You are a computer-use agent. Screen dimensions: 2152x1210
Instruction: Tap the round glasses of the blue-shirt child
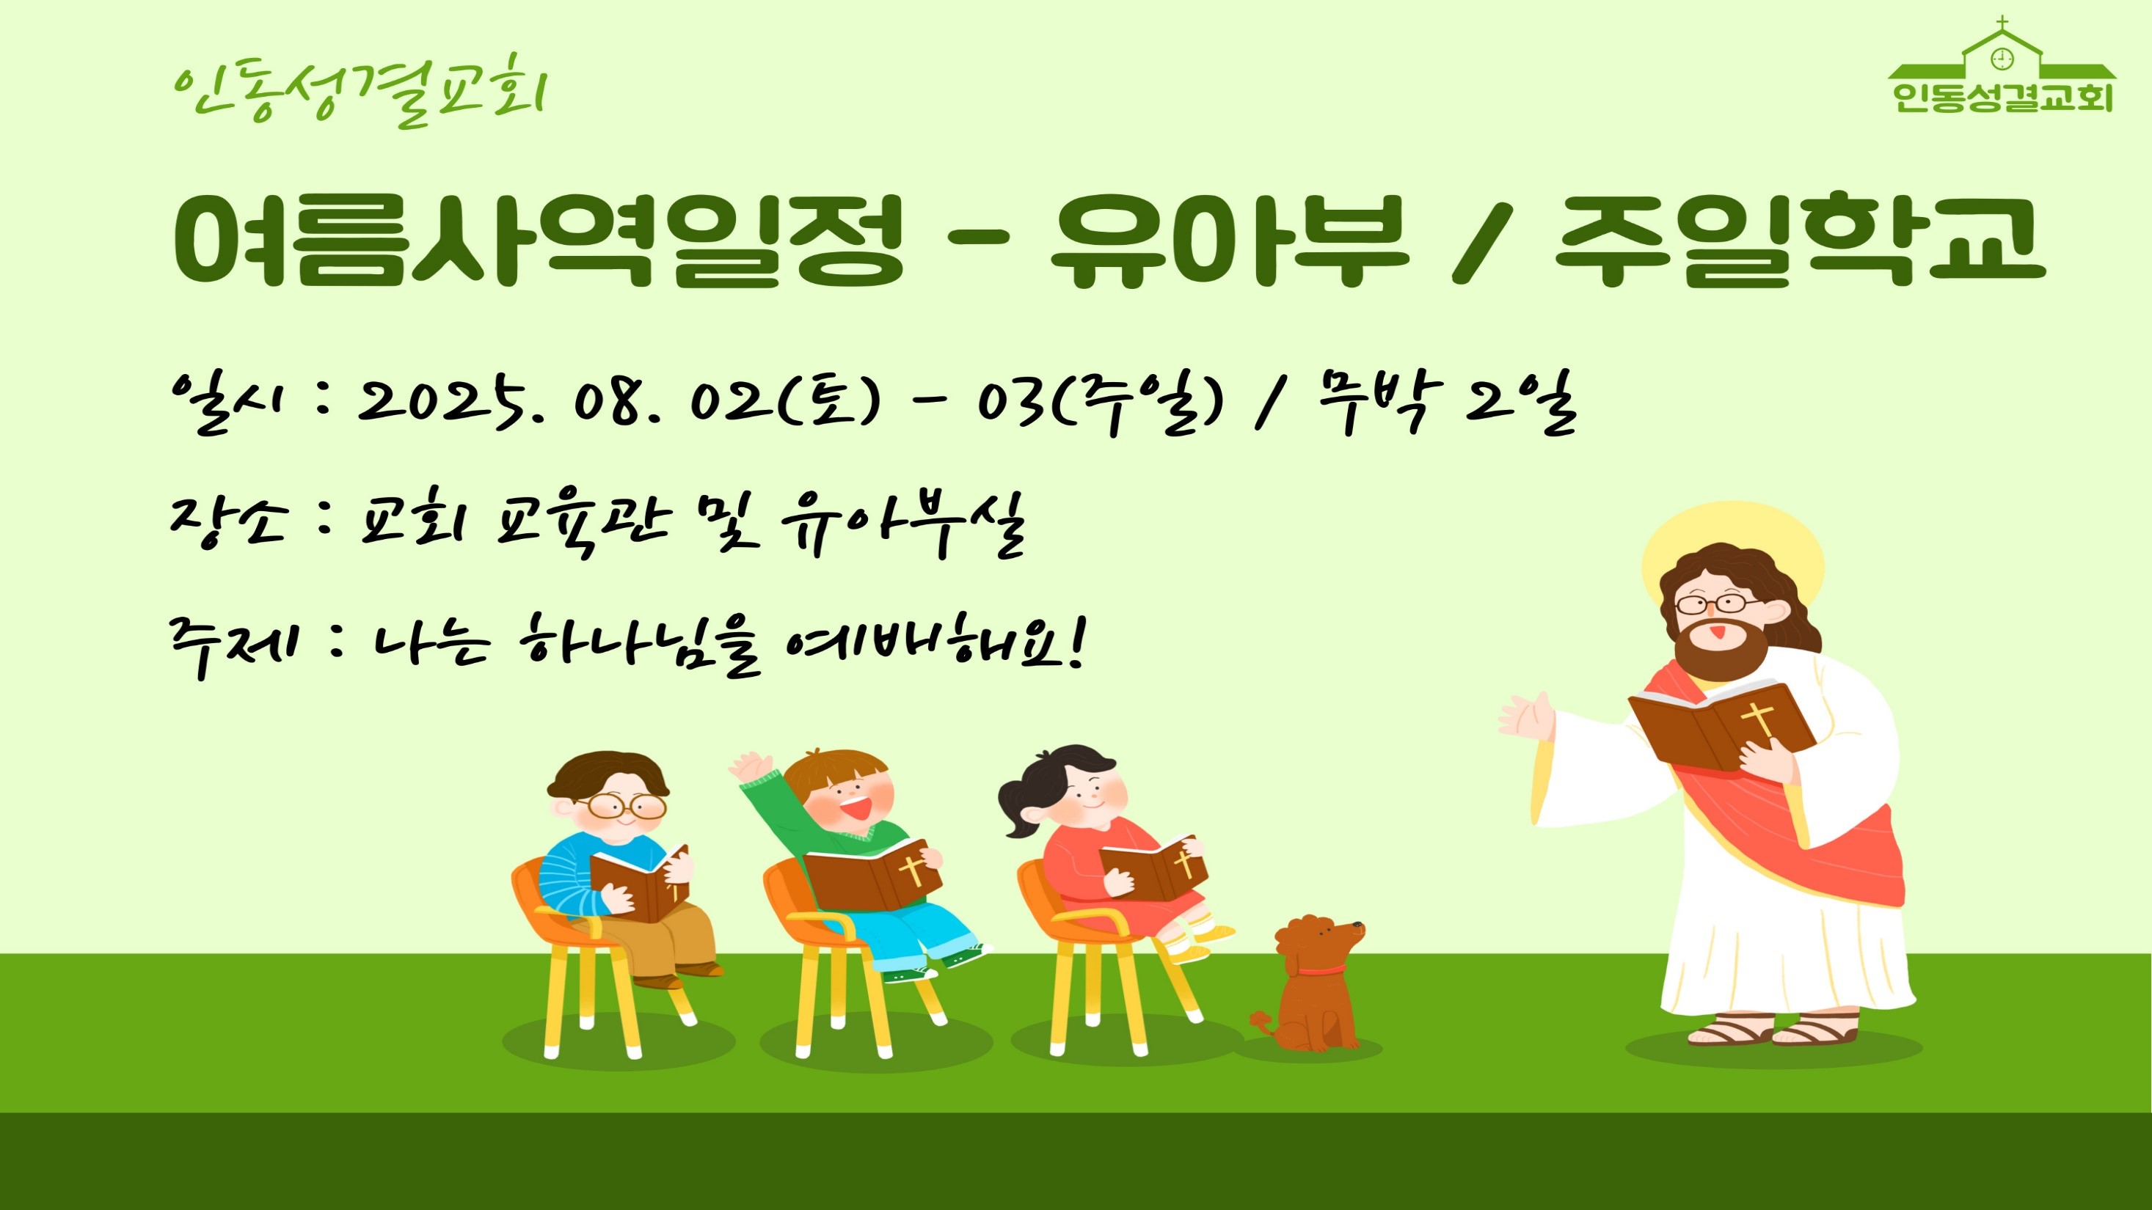coord(624,806)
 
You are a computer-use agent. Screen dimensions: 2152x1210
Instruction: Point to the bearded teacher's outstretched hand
coord(1527,717)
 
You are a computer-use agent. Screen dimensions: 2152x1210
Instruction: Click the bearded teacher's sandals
coord(1773,1029)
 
